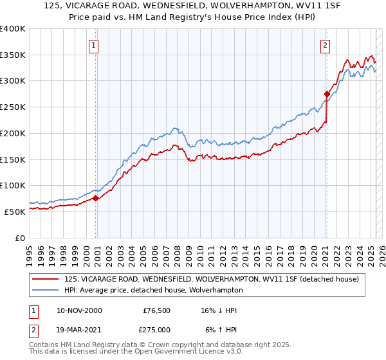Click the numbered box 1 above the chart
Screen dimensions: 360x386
click(94, 45)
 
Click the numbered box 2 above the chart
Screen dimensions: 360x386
click(326, 45)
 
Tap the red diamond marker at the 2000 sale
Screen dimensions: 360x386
click(96, 198)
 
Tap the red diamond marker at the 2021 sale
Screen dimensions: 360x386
click(327, 94)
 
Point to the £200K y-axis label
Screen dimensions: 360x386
click(13, 133)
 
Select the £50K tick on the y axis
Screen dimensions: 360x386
click(15, 212)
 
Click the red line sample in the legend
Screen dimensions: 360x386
click(46, 279)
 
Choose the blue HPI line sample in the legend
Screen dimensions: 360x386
click(46, 290)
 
